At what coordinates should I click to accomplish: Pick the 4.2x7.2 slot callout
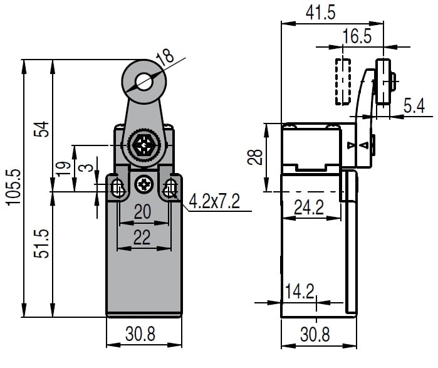(215, 202)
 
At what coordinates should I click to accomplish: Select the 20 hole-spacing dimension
(143, 213)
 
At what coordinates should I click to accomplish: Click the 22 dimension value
(143, 237)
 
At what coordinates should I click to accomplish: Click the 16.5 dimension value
(357, 36)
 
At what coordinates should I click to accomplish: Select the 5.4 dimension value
(414, 106)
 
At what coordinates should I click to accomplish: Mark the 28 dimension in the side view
(254, 156)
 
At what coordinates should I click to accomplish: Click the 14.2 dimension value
(300, 291)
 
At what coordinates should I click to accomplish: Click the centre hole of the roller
(145, 80)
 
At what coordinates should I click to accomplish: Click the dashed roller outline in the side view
(343, 81)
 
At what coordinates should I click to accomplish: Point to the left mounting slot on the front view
(118, 187)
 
